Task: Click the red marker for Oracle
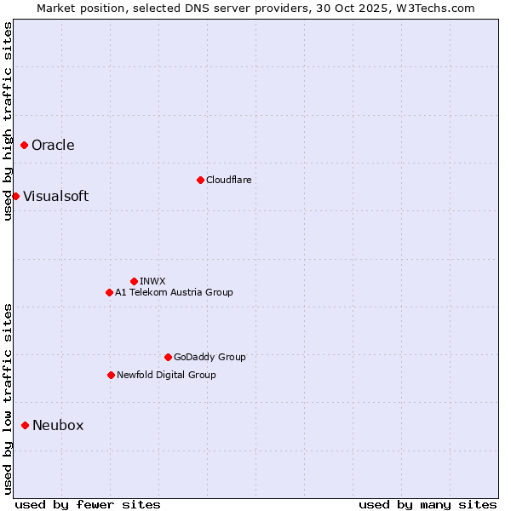pos(25,145)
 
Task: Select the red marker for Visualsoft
pos(15,196)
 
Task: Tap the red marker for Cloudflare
pos(200,180)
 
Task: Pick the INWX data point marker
pos(134,281)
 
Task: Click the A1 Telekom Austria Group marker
pos(109,292)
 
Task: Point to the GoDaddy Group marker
pos(168,357)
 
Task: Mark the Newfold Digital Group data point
pos(111,375)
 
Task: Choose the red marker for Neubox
pos(26,425)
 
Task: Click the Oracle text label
pos(53,145)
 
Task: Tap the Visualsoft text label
pos(55,196)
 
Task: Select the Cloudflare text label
pos(228,180)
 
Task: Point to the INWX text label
pos(152,281)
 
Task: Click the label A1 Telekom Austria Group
pos(174,292)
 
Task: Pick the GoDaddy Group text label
pos(210,357)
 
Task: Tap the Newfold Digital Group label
pos(166,375)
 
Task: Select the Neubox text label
pos(58,425)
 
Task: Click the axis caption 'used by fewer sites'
pos(87,504)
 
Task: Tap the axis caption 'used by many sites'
pos(428,504)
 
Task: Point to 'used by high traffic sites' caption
pos(8,121)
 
